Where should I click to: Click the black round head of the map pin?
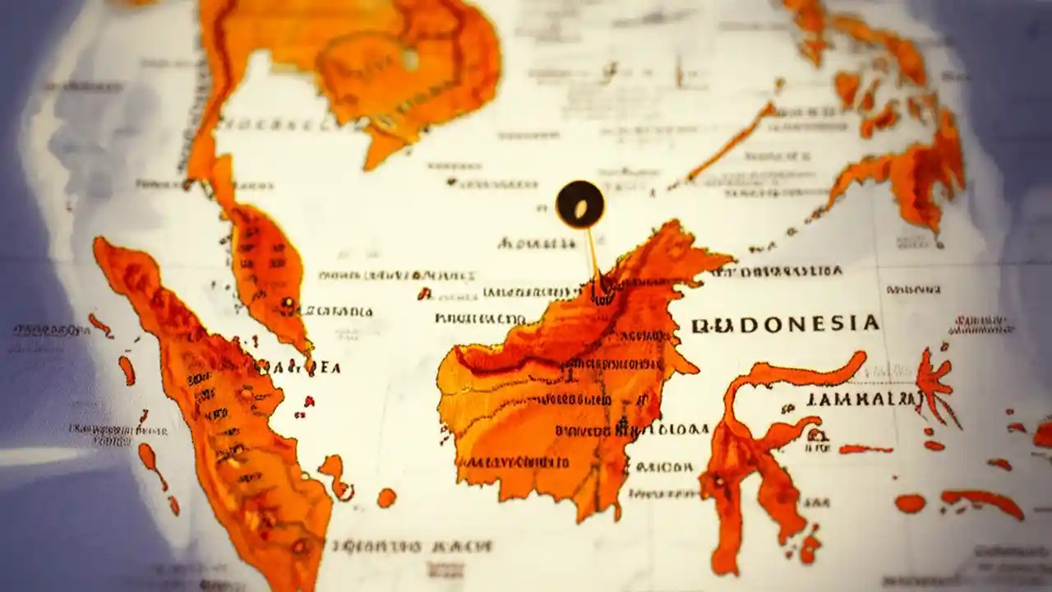point(579,204)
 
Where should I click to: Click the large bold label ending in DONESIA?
point(785,323)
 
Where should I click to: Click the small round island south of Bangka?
point(386,497)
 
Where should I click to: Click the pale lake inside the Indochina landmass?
point(408,58)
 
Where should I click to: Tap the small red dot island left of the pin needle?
point(424,293)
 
